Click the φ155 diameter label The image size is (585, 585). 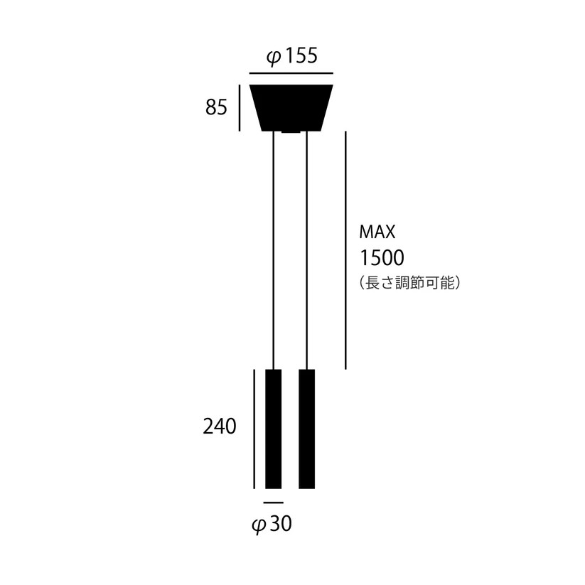[291, 56]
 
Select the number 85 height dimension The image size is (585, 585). [216, 107]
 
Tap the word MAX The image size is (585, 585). [377, 232]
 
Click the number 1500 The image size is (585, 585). [382, 257]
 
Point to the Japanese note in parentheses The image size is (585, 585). [412, 282]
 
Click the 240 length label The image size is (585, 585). [219, 426]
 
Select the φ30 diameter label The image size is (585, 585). [272, 525]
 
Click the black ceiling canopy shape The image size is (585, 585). [291, 107]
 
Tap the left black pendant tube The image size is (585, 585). [273, 429]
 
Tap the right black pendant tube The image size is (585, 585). [307, 429]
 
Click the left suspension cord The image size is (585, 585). [274, 249]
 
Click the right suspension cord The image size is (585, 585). [306, 249]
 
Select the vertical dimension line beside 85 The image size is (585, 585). [240, 107]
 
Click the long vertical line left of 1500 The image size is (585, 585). [345, 249]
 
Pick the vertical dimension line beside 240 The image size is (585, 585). [254, 429]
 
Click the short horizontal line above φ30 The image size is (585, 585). [273, 503]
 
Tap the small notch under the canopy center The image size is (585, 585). [291, 132]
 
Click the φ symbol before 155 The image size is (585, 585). [274, 57]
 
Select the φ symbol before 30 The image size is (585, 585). [259, 525]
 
